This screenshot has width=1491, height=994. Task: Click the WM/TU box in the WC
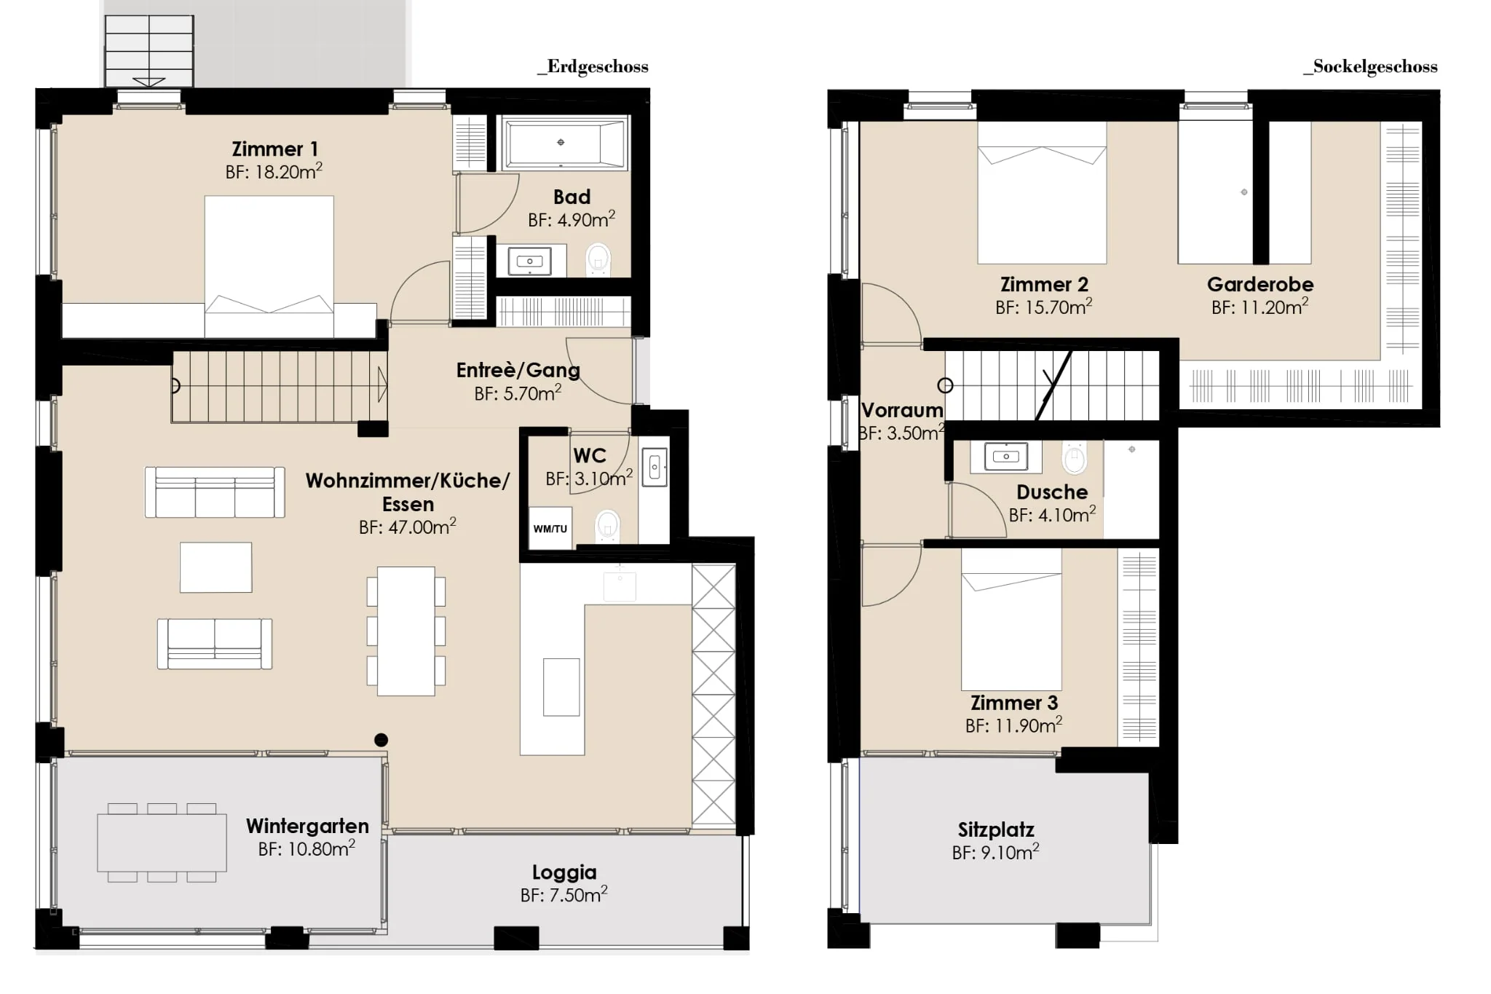(550, 527)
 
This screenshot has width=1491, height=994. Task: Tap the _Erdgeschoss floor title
(593, 67)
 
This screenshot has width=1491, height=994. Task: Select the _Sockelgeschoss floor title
(1370, 67)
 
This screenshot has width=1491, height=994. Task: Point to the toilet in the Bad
(598, 259)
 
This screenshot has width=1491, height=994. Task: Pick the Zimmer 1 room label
(274, 149)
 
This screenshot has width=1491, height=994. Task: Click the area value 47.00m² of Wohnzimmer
(408, 526)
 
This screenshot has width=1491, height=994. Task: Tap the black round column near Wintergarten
(381, 740)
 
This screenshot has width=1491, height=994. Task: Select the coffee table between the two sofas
(216, 567)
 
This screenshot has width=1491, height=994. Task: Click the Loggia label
(564, 872)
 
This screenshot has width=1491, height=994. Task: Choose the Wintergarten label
(307, 826)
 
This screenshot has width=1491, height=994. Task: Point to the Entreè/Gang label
(518, 370)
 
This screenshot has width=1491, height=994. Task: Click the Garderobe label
(1260, 284)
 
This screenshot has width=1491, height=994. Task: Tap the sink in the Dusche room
(1006, 457)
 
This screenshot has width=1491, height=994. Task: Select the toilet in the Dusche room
(1075, 458)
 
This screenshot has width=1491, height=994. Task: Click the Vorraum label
(902, 410)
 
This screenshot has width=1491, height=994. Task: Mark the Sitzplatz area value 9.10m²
(996, 852)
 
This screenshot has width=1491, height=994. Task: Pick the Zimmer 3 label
(1014, 703)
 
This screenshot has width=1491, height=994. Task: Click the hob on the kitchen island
(561, 687)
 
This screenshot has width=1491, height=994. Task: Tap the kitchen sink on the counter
(620, 586)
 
